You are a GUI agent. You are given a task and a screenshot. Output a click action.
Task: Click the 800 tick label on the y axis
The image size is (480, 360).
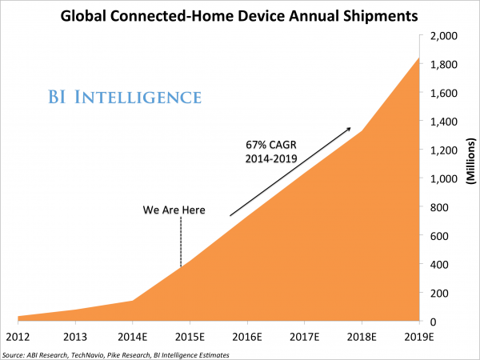click(443, 207)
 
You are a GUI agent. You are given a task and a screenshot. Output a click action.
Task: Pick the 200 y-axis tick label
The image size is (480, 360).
click(443, 293)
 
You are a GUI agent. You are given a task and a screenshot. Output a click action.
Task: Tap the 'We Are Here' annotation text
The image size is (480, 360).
click(174, 210)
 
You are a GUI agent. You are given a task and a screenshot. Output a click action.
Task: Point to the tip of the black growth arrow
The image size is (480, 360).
click(350, 126)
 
